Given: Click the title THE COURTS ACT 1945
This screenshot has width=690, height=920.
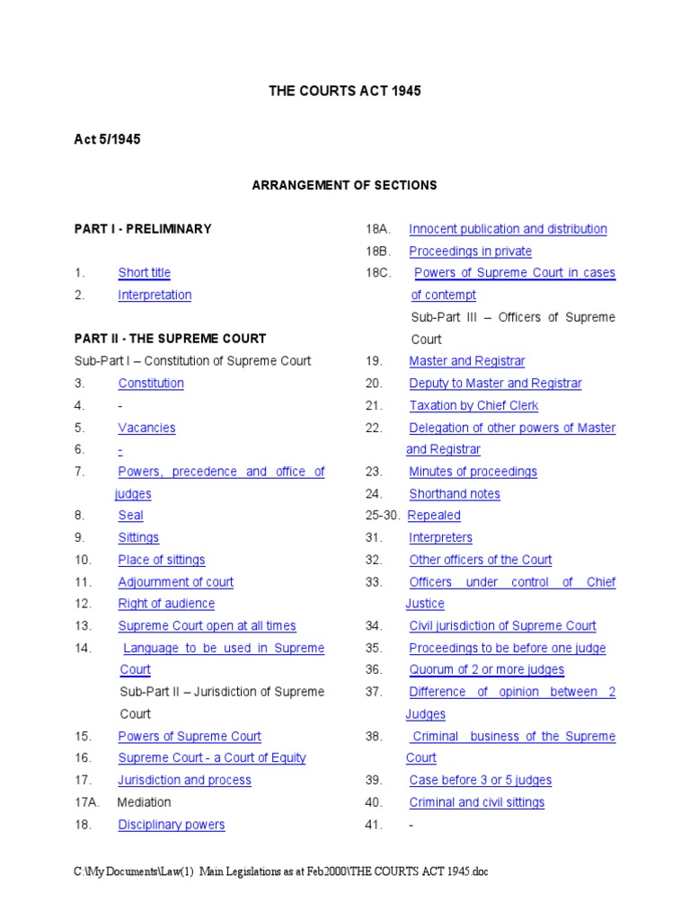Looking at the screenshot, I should (x=345, y=92).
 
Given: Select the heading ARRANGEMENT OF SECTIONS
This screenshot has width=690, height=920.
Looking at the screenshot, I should (x=344, y=185).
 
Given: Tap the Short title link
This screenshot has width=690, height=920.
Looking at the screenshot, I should (x=144, y=273).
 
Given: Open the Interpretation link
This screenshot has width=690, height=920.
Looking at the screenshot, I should (x=155, y=295).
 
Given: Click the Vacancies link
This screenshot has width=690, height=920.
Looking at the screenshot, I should (x=146, y=428).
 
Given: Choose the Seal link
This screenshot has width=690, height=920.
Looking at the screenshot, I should (x=130, y=516).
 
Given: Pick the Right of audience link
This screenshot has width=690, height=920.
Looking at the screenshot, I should (x=166, y=604).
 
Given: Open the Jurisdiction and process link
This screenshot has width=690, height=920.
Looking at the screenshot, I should (x=184, y=781).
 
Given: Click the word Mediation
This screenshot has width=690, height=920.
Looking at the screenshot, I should (x=144, y=802).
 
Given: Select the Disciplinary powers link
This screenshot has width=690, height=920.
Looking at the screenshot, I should (x=172, y=825).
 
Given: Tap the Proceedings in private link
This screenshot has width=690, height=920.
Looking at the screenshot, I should (x=470, y=252).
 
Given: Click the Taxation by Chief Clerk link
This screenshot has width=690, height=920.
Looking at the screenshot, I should (x=473, y=405).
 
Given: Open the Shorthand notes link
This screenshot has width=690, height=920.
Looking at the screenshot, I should (x=455, y=494).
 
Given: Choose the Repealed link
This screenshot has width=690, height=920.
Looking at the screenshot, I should (x=434, y=516).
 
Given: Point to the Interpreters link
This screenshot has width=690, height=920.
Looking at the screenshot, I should (x=440, y=538).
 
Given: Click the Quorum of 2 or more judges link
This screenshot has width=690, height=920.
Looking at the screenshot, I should (x=486, y=670).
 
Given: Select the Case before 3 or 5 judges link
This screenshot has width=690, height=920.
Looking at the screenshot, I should (x=480, y=781).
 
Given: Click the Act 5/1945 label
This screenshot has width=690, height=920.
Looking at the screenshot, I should (x=107, y=139).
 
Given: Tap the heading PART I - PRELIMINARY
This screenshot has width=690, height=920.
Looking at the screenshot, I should (x=143, y=229).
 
